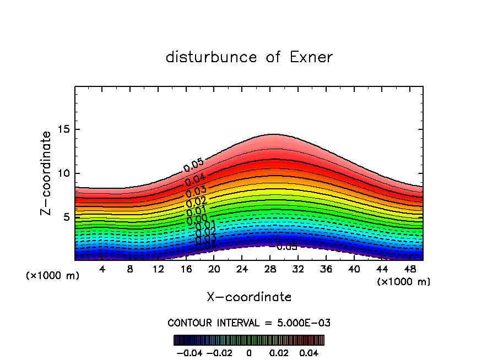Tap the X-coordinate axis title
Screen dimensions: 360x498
click(x=249, y=297)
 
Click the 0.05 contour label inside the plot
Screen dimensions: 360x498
click(x=193, y=165)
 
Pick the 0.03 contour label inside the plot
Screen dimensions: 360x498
click(x=196, y=191)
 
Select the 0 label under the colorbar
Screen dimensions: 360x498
click(x=249, y=352)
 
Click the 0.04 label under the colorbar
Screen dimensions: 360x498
click(x=309, y=352)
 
